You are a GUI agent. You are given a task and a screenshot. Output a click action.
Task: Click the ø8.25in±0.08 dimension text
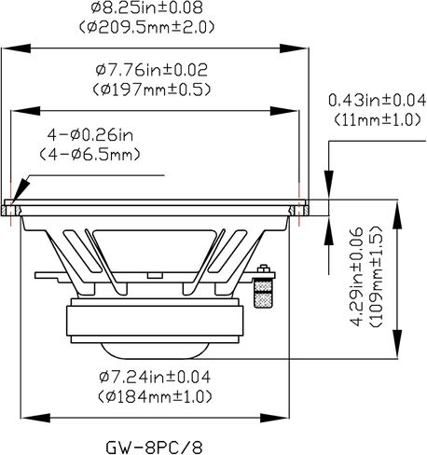click(x=147, y=7)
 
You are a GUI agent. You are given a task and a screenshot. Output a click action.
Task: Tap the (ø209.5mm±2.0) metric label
click(x=146, y=27)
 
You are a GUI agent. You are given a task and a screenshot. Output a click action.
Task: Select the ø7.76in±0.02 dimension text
click(x=151, y=70)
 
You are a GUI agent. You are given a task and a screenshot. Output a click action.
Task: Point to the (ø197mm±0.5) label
click(x=152, y=90)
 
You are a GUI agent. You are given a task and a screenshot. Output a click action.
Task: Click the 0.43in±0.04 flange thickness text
click(x=378, y=101)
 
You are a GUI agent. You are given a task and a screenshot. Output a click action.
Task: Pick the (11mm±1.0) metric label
click(x=378, y=119)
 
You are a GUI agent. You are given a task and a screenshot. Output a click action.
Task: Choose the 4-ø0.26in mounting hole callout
click(x=90, y=135)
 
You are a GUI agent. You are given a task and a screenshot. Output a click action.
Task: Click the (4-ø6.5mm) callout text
click(x=90, y=155)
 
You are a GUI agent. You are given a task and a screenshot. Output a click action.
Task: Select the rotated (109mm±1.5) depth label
click(x=376, y=276)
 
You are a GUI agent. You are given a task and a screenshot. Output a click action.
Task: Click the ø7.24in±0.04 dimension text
click(x=155, y=378)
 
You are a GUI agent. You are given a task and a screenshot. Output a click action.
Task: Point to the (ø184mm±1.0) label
click(x=155, y=396)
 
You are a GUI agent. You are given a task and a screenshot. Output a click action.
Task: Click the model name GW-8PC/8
click(x=154, y=448)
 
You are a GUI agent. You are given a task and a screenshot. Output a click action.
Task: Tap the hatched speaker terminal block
click(x=263, y=293)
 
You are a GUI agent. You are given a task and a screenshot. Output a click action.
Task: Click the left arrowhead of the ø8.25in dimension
click(x=16, y=48)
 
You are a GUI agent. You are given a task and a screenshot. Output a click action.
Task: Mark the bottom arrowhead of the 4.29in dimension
click(x=397, y=344)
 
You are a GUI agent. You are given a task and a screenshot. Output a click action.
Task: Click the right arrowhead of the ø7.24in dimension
click(x=274, y=418)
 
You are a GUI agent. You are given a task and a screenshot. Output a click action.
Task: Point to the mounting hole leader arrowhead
click(x=21, y=191)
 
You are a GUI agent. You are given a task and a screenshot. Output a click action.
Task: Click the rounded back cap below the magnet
click(x=155, y=351)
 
